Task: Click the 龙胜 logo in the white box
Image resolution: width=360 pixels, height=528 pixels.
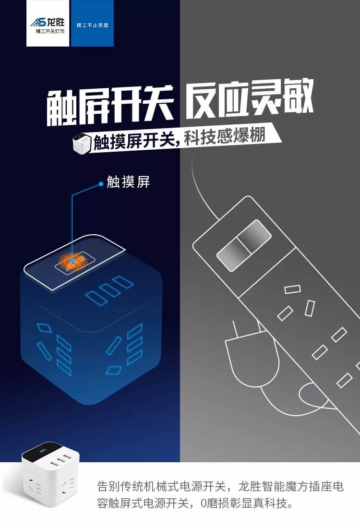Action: pos(48,23)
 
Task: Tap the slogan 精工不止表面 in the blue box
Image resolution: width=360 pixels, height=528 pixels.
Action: pos(92,25)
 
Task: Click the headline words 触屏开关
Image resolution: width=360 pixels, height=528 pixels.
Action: pos(110,105)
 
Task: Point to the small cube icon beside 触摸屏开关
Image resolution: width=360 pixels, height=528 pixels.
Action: pos(82,144)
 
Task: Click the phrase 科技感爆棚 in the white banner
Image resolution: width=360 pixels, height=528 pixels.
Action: pos(225,136)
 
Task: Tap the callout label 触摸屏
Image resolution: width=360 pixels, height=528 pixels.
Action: pos(128,182)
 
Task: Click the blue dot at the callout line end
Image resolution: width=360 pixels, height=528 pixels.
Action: pos(101,184)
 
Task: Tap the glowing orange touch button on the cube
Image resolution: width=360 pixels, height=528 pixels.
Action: pos(72,261)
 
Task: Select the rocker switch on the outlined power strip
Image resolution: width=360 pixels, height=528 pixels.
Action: pos(244,245)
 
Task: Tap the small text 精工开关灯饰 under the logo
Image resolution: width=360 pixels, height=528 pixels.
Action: pos(50,31)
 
